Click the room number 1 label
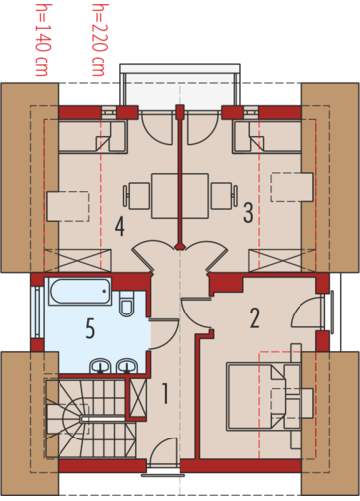(165, 393)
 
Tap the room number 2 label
(254, 318)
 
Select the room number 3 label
(248, 213)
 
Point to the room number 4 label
(120, 226)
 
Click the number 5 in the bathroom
(90, 328)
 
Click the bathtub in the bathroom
(79, 291)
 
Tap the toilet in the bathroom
(126, 304)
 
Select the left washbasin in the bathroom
(100, 366)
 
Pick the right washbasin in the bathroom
(127, 366)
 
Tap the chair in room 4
(136, 195)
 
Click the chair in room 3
(224, 195)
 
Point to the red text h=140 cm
(43, 40)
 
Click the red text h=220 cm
(100, 40)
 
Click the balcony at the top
(180, 87)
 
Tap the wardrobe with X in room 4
(77, 261)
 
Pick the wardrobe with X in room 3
(282, 261)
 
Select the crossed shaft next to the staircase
(138, 398)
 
